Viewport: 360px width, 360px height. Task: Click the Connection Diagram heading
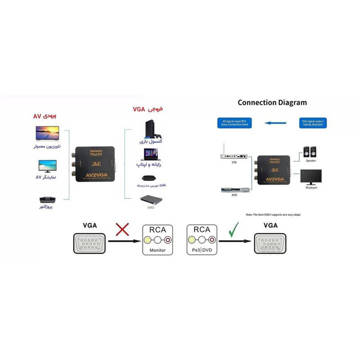coord(272,102)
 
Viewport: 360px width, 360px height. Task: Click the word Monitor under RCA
coord(157,250)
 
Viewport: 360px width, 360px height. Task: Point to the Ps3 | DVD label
coord(202,250)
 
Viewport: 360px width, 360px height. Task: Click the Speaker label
coord(311,161)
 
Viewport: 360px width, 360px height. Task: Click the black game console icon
coord(149,130)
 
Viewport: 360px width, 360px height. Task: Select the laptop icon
coord(149,154)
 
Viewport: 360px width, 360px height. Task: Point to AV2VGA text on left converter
coord(95,175)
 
